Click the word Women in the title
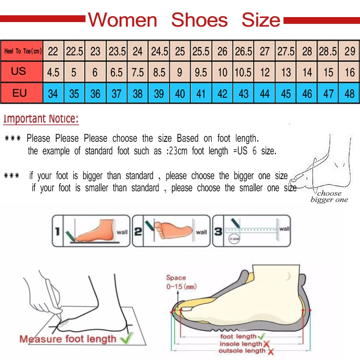[x=122, y=20]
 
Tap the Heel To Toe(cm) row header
[x=22, y=51]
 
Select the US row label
[x=19, y=72]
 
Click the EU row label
[x=19, y=94]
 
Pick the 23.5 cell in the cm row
[x=117, y=51]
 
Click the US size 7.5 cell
[x=138, y=72]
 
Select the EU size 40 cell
[x=180, y=94]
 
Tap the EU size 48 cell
[x=350, y=94]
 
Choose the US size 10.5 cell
[x=243, y=72]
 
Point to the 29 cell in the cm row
[x=350, y=51]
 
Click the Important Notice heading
[x=41, y=119]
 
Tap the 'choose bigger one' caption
[x=329, y=197]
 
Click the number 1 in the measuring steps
[x=57, y=232]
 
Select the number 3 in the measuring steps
[x=217, y=232]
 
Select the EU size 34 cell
[x=53, y=94]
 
